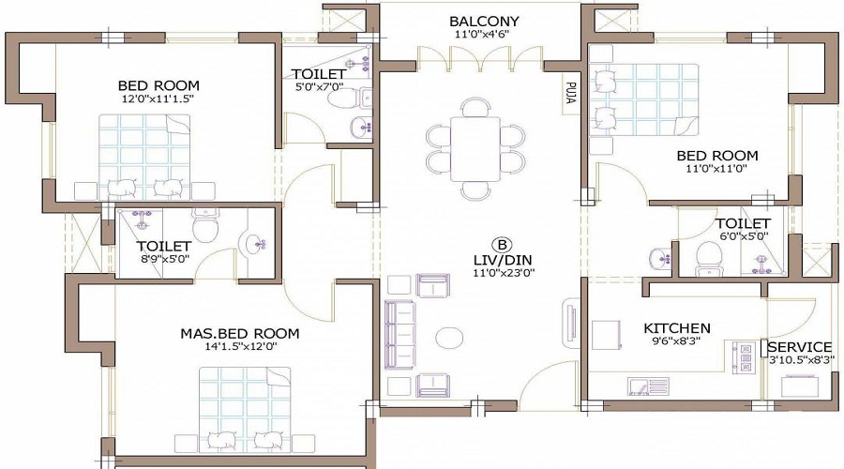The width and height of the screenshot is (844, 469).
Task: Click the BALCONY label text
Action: pyautogui.click(x=478, y=21)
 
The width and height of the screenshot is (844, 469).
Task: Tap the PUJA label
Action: pyautogui.click(x=570, y=94)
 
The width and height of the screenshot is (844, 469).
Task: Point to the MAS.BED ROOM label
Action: pyautogui.click(x=239, y=333)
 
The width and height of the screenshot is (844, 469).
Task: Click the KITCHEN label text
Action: pyautogui.click(x=676, y=328)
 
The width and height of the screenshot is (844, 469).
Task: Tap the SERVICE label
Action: pyautogui.click(x=800, y=346)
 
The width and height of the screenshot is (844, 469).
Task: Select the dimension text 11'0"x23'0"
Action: pyautogui.click(x=478, y=274)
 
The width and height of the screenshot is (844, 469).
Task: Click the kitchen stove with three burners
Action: pyautogui.click(x=746, y=357)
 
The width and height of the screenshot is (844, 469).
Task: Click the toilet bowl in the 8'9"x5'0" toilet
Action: pyautogui.click(x=203, y=226)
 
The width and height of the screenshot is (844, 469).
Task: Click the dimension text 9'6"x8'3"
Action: pyautogui.click(x=675, y=344)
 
